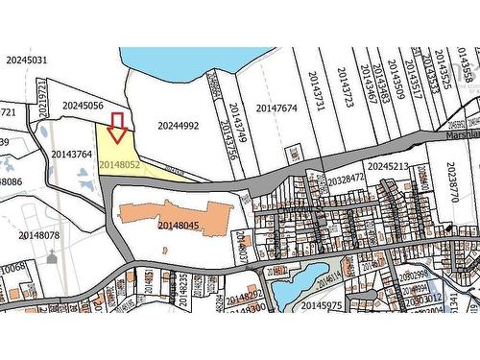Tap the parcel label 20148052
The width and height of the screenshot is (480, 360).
pyautogui.click(x=119, y=165)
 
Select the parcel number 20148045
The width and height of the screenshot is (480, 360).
pyautogui.click(x=179, y=226)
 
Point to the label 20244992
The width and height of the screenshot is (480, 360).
pyautogui.click(x=179, y=126)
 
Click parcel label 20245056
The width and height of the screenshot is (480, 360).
pyautogui.click(x=83, y=107)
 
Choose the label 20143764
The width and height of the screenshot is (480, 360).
pyautogui.click(x=71, y=154)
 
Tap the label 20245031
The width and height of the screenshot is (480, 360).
pyautogui.click(x=26, y=60)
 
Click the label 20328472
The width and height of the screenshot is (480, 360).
pyautogui.click(x=346, y=179)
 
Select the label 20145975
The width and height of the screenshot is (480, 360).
pyautogui.click(x=321, y=305)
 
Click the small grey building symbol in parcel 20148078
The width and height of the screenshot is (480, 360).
pyautogui.click(x=50, y=256)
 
